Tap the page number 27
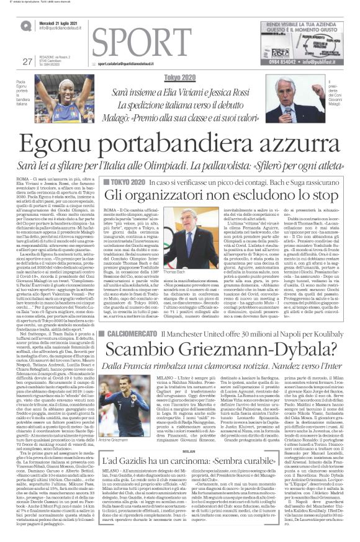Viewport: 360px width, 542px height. coord(27,61)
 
